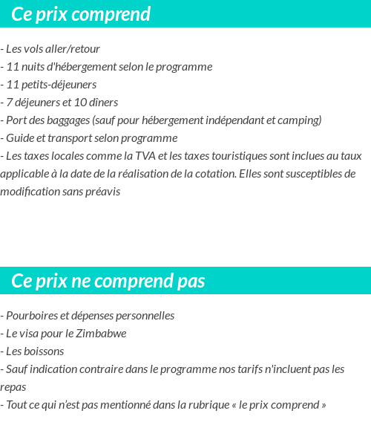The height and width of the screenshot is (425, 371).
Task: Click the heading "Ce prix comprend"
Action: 81,14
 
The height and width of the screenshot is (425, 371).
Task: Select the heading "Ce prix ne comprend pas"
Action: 108,281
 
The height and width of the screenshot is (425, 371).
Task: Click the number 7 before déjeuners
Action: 9,103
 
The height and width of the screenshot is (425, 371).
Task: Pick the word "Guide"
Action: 20,138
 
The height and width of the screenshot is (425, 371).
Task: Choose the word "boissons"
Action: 43,351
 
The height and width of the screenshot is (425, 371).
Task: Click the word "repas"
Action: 13,387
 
